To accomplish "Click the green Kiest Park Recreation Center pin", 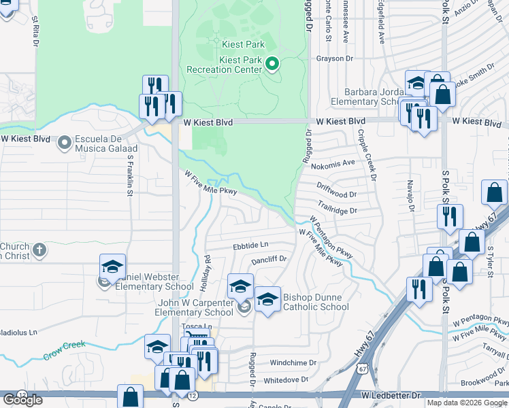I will point(272,65).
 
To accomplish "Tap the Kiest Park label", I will point(242,44).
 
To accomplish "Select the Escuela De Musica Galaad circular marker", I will point(65,143).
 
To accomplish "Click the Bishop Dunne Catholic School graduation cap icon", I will point(267,300).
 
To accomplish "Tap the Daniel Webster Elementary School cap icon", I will point(113,267).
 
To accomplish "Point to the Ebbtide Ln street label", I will point(250,245).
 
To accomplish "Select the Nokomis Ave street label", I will point(333,164).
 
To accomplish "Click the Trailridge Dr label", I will point(337,211).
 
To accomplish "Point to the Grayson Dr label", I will point(332,58).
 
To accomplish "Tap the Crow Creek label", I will point(65,350).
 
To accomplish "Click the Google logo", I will point(22,400).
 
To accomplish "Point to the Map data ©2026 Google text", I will point(466,403).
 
